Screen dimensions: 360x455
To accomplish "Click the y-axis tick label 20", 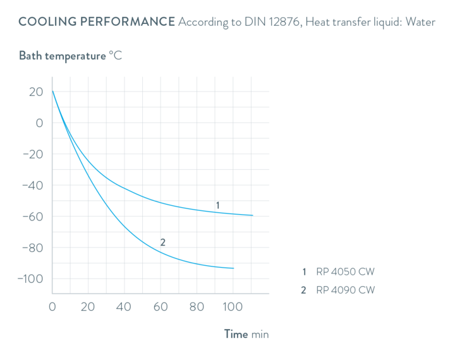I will point(36,92).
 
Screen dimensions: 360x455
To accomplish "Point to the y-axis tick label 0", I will point(39,123).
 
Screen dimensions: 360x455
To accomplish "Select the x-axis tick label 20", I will point(89,308).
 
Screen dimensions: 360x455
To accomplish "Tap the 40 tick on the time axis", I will point(125,308).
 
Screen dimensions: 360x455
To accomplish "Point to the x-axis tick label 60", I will point(161,308).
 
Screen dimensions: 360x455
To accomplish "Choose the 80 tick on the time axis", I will point(197,308).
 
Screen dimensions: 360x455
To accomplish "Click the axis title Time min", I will point(246,334).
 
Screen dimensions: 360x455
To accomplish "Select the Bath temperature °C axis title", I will point(70,56).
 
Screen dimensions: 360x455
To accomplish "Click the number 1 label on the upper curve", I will point(216,205).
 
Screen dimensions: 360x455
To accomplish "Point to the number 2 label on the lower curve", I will point(163,242).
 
